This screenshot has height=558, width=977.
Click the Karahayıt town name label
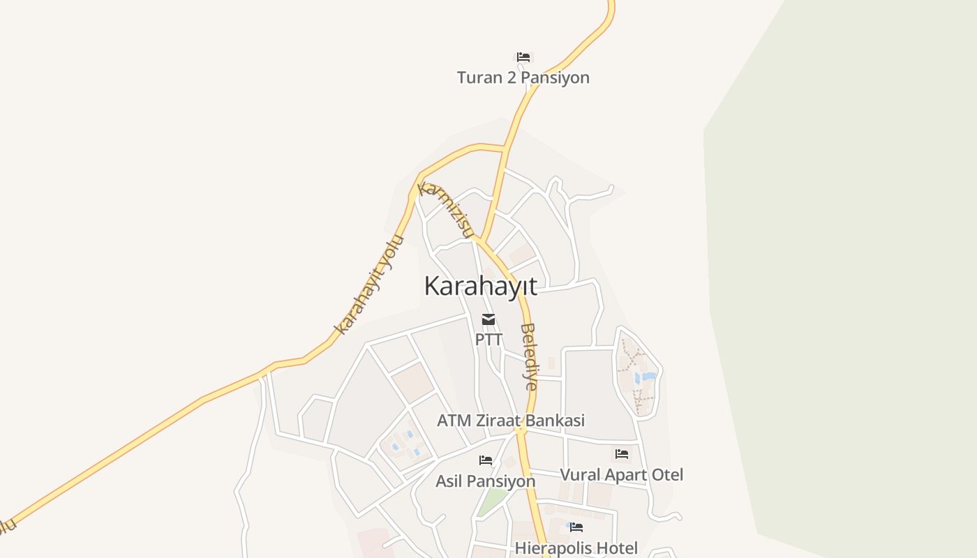coord(481,286)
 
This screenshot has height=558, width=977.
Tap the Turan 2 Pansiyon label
coord(523,77)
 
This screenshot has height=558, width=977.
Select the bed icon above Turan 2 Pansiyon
coord(523,57)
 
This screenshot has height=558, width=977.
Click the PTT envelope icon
coord(488,319)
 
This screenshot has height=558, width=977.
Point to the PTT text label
coord(488,340)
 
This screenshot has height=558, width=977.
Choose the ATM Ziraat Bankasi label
coord(511,421)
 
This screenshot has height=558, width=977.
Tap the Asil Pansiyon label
coord(486,481)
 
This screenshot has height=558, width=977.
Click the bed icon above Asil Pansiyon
coord(486,460)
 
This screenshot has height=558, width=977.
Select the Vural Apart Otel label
coord(622,475)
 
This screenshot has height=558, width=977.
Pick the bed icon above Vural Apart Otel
coord(622,454)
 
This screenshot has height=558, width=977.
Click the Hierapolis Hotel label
coord(576,548)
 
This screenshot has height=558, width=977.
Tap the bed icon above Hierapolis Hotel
coord(576,527)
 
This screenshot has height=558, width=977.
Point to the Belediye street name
coord(530,356)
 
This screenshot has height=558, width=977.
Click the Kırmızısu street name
coord(447,209)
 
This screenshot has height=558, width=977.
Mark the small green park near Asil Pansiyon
coord(493,500)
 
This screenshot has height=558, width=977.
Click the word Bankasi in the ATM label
coord(555,421)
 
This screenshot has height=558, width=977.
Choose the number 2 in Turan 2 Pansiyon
coord(512,77)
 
